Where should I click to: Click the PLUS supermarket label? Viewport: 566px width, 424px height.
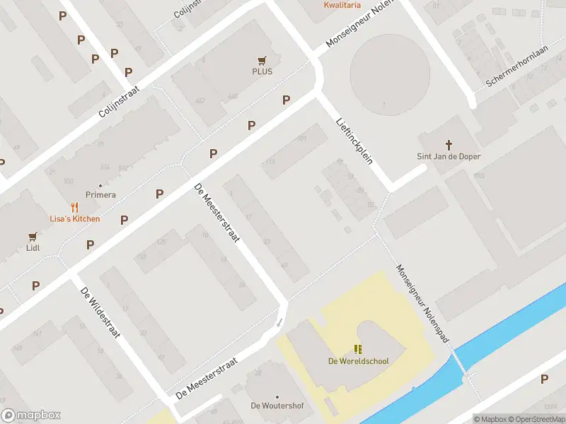262,71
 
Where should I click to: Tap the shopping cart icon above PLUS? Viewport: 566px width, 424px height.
262,60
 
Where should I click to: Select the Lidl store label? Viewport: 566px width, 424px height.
33,248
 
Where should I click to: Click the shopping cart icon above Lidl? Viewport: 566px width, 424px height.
33,237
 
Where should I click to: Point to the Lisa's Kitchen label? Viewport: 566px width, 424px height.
74,218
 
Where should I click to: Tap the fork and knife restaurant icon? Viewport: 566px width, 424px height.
74,207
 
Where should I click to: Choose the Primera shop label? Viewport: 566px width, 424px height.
100,194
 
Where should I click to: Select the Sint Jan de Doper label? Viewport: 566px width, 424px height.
448,156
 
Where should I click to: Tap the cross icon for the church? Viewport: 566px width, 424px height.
448,144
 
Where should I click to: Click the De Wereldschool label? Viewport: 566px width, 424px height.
358,361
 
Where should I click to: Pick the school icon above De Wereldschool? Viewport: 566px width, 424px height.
358,349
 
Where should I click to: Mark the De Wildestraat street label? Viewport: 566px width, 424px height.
98,312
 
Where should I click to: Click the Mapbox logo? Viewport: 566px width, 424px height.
31,416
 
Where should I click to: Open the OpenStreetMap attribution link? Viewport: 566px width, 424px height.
537,419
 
